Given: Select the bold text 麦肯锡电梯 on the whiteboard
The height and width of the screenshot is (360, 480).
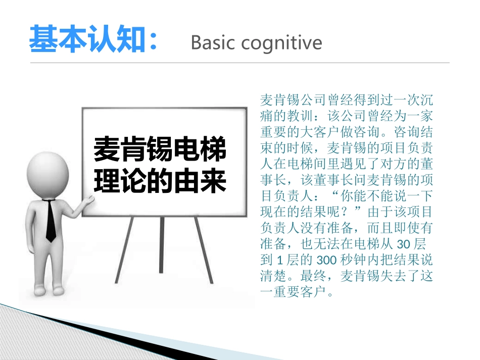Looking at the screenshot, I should [160, 150].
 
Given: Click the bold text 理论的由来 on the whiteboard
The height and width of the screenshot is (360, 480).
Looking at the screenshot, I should [160, 181].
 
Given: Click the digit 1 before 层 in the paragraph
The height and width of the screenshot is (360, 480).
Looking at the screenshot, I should [279, 261].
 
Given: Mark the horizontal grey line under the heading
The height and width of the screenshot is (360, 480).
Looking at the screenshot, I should [239, 63].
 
